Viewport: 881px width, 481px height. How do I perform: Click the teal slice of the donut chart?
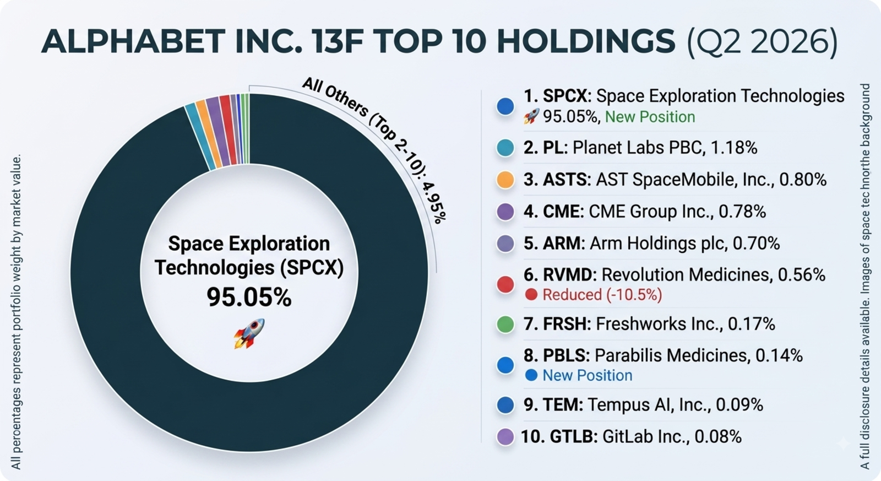[x=200, y=137]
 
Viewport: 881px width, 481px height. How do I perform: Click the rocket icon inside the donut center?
[x=249, y=334]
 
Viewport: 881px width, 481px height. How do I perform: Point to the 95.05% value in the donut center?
[x=249, y=297]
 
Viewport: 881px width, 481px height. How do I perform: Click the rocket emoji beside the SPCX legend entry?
[x=531, y=116]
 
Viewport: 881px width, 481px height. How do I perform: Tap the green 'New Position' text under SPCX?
[x=650, y=117]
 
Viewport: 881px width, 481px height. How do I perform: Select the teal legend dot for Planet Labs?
[x=505, y=148]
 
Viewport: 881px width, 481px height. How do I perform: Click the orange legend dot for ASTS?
[x=505, y=180]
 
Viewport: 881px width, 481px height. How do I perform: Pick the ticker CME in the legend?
[x=561, y=212]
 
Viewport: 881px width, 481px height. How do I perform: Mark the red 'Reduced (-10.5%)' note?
[x=602, y=295]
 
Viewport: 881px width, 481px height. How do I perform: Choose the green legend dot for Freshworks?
[x=505, y=325]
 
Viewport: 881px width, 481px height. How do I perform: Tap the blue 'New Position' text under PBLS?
[x=588, y=376]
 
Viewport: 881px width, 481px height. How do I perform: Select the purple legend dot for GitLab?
[x=505, y=436]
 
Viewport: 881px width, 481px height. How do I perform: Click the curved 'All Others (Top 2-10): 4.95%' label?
[x=378, y=145]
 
